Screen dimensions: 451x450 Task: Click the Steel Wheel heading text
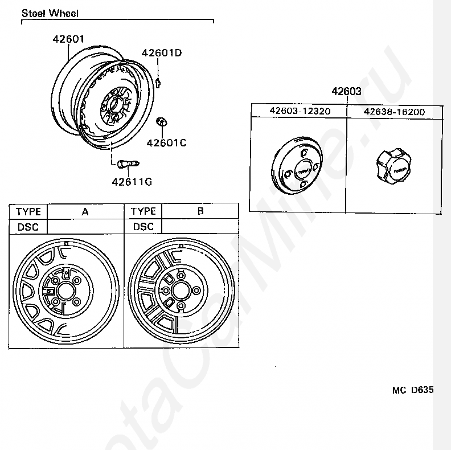click(50, 13)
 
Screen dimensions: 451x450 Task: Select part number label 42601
click(68, 40)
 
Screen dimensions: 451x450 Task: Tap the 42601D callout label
click(162, 54)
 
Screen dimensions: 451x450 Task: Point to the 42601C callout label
click(166, 143)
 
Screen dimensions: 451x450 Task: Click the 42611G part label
click(132, 182)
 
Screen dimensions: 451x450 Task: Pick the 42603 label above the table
click(347, 91)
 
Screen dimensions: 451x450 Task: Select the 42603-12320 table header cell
click(300, 112)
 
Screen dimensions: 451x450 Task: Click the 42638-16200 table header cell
click(394, 112)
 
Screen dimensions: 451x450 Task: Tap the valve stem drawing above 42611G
click(126, 165)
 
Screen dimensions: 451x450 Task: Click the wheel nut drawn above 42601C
click(161, 122)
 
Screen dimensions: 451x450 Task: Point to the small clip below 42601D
click(159, 81)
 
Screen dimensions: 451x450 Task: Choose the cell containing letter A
click(85, 211)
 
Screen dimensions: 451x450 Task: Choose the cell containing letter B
click(200, 211)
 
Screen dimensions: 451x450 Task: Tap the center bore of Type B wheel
click(181, 291)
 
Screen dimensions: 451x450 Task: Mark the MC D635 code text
click(412, 390)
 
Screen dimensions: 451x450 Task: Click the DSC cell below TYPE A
click(28, 226)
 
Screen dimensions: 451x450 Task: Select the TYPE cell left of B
click(143, 211)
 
